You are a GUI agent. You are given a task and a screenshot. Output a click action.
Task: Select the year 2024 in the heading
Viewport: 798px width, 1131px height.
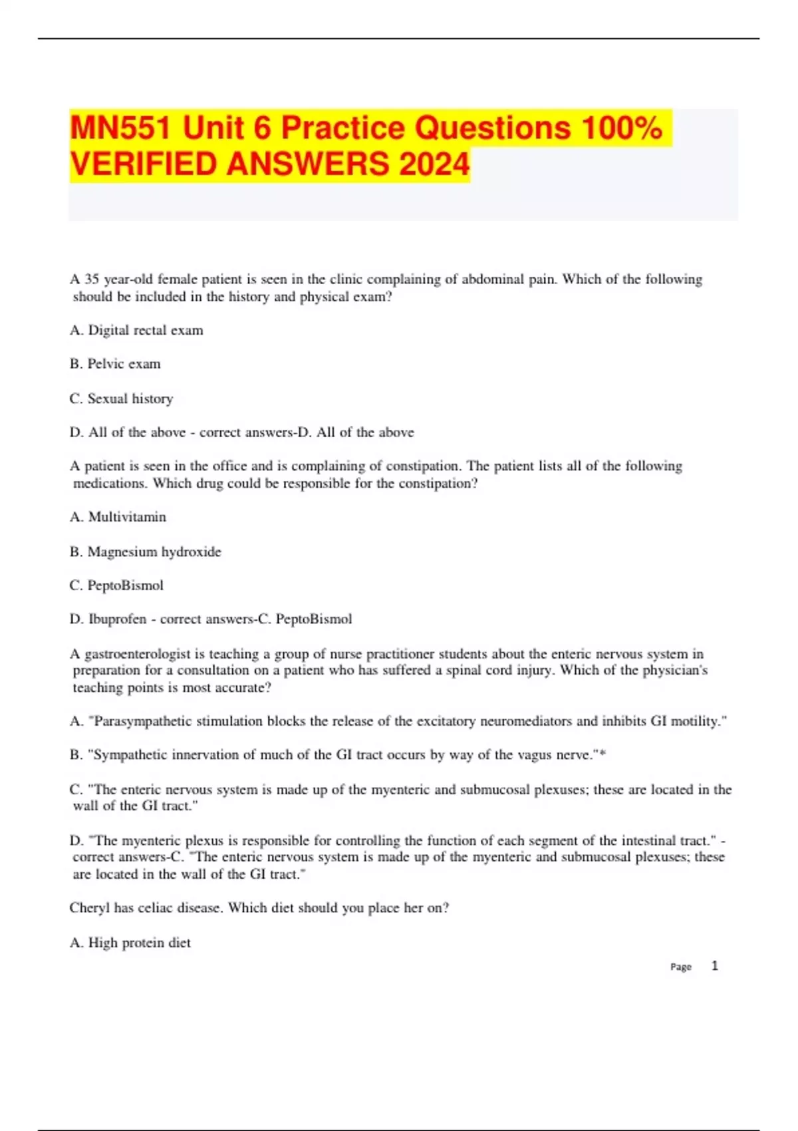[434, 164]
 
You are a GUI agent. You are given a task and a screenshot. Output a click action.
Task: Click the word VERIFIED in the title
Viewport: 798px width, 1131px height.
[144, 164]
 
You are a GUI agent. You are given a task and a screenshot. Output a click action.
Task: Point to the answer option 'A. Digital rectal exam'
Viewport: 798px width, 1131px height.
[136, 331]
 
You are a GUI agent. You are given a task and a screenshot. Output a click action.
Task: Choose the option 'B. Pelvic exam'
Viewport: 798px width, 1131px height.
[115, 364]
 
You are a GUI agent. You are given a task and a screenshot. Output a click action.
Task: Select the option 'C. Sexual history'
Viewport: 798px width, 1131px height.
[121, 399]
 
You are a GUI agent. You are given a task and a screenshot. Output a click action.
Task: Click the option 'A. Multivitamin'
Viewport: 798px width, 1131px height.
[118, 517]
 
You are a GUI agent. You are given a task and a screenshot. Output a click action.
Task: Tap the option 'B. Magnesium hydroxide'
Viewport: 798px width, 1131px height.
[145, 552]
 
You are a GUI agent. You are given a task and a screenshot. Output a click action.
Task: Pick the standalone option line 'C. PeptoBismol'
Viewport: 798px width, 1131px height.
[116, 585]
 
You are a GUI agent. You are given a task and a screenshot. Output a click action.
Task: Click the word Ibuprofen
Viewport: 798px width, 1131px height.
[117, 619]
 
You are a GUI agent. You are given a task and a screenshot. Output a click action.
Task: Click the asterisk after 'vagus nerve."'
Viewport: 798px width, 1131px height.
[602, 754]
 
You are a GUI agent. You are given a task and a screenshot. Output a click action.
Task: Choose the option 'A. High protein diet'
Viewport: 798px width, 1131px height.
[130, 943]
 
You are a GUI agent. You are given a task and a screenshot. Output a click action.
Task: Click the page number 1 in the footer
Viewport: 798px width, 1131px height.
[715, 966]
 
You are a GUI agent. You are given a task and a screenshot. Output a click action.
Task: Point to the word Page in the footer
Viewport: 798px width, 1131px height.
[680, 967]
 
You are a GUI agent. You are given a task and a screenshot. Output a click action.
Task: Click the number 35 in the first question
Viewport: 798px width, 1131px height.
[92, 279]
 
